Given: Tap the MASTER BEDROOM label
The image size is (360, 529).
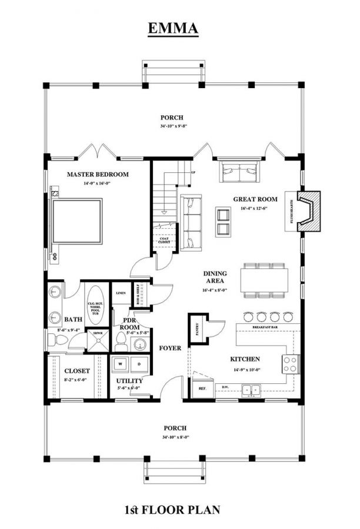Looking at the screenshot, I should [97, 175].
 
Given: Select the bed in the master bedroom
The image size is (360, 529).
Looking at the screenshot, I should [78, 221].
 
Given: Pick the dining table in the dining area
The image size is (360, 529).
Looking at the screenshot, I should [264, 280].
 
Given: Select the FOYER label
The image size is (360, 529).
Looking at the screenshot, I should [169, 348].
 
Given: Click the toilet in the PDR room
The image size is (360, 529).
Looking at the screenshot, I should [122, 340].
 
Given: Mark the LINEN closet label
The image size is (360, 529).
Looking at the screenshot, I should [121, 293].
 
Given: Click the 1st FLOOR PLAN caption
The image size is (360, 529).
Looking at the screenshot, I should [172, 510].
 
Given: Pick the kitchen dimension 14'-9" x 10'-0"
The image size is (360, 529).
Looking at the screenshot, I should [245, 370].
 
